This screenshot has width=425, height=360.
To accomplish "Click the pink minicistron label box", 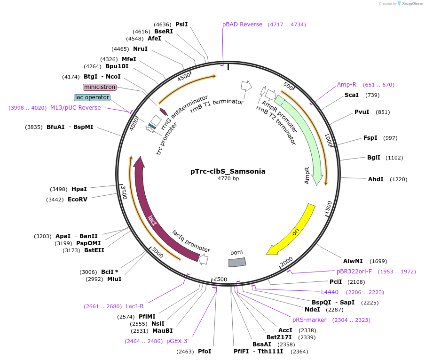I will [x=99, y=87].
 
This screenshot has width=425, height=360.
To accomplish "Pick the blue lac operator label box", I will [x=92, y=97].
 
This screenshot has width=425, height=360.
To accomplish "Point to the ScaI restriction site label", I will [x=351, y=95].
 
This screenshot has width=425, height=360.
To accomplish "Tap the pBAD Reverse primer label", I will [x=242, y=24].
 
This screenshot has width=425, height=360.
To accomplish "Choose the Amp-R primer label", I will [x=346, y=85].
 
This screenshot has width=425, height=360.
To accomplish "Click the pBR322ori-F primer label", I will [x=354, y=272].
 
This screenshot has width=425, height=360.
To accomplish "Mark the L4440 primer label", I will [x=330, y=292].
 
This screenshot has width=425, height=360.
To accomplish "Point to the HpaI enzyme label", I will [x=79, y=189].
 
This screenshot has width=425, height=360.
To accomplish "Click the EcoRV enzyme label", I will [x=78, y=200].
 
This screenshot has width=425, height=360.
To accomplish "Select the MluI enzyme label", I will [x=114, y=279].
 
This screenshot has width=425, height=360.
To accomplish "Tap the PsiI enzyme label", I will [x=181, y=24].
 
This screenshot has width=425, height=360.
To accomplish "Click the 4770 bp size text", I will [x=228, y=179].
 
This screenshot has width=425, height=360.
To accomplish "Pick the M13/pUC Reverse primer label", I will [x=75, y=108].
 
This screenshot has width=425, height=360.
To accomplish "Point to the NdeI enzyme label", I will [x=312, y=310].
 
